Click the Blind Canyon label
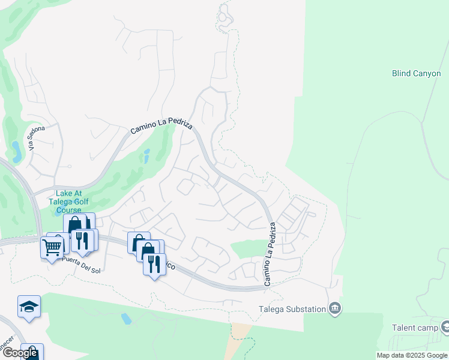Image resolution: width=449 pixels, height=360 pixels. coord(416,73)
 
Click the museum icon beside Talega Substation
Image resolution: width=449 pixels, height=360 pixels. coord(335,309)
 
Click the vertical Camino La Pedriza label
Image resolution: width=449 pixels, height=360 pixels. coord(269,253)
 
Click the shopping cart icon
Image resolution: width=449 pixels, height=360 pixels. coord(52,246)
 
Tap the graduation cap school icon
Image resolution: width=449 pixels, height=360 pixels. coord(29,307)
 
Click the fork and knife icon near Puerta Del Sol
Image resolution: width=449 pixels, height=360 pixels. coord(82,240)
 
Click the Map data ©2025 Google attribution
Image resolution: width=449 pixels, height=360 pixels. coord(411,355)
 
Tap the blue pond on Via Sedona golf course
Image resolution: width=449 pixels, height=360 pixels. coord(16,152)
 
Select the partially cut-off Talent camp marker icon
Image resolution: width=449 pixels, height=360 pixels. coord(445,327)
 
